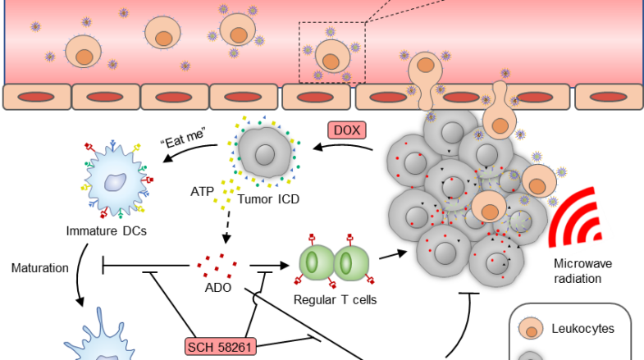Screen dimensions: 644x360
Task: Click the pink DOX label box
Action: click(347, 130)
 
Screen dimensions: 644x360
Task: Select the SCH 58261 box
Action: click(221, 347)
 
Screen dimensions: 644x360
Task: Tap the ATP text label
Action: click(202, 192)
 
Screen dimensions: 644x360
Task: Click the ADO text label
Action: click(218, 288)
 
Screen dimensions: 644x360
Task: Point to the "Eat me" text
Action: click(183, 138)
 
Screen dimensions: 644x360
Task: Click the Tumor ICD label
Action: click(268, 199)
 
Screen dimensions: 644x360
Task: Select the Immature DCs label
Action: click(107, 231)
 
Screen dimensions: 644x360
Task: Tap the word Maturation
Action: click(40, 268)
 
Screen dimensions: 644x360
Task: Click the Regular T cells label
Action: click(336, 300)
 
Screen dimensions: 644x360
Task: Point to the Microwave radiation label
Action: click(582, 271)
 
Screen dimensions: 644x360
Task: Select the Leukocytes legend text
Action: click(582, 329)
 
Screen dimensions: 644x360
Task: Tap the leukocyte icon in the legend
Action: click(530, 329)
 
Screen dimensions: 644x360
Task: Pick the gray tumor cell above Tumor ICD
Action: click(263, 153)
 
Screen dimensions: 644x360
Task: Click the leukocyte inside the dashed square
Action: click(332, 57)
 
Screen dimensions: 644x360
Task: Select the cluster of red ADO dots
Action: click(217, 266)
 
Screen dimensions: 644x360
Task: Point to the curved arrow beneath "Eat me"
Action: click(190, 150)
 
